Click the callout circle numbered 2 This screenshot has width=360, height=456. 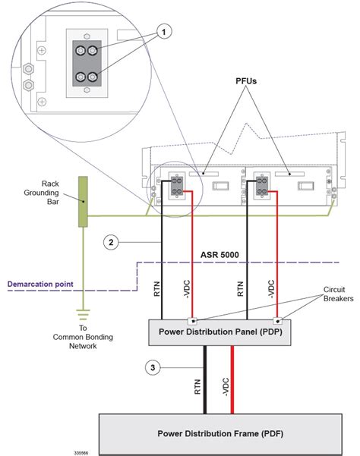click(112, 243)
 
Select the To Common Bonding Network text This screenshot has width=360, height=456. click(81, 335)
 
